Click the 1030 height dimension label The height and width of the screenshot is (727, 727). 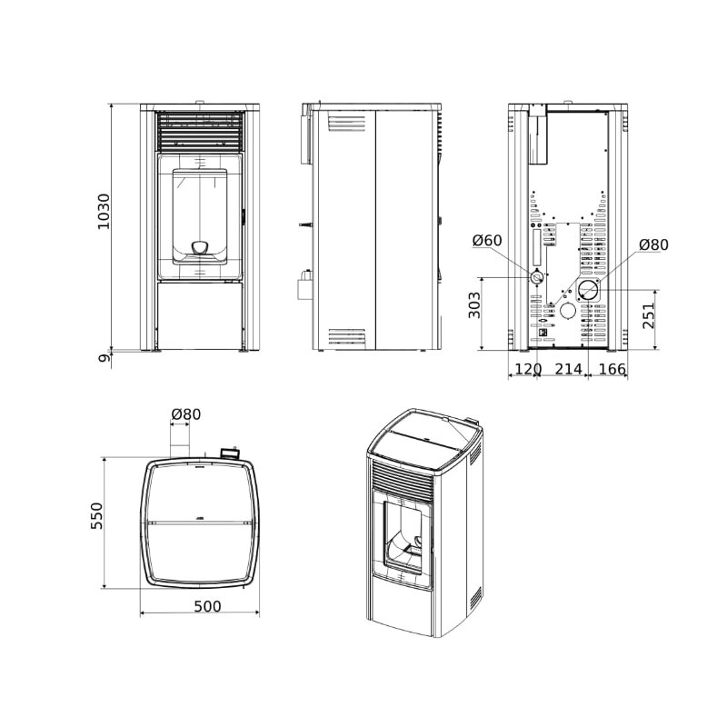[104, 212]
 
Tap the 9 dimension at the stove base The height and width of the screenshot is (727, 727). [105, 357]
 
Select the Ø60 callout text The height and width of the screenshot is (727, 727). [487, 240]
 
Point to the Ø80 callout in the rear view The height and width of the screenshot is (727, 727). [653, 244]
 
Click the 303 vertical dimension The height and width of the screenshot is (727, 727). [474, 305]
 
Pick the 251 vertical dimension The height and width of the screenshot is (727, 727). [649, 315]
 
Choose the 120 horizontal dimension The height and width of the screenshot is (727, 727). [528, 369]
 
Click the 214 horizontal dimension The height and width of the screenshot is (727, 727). [569, 369]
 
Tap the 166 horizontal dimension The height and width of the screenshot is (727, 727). [612, 369]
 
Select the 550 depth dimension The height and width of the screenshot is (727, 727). [96, 515]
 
